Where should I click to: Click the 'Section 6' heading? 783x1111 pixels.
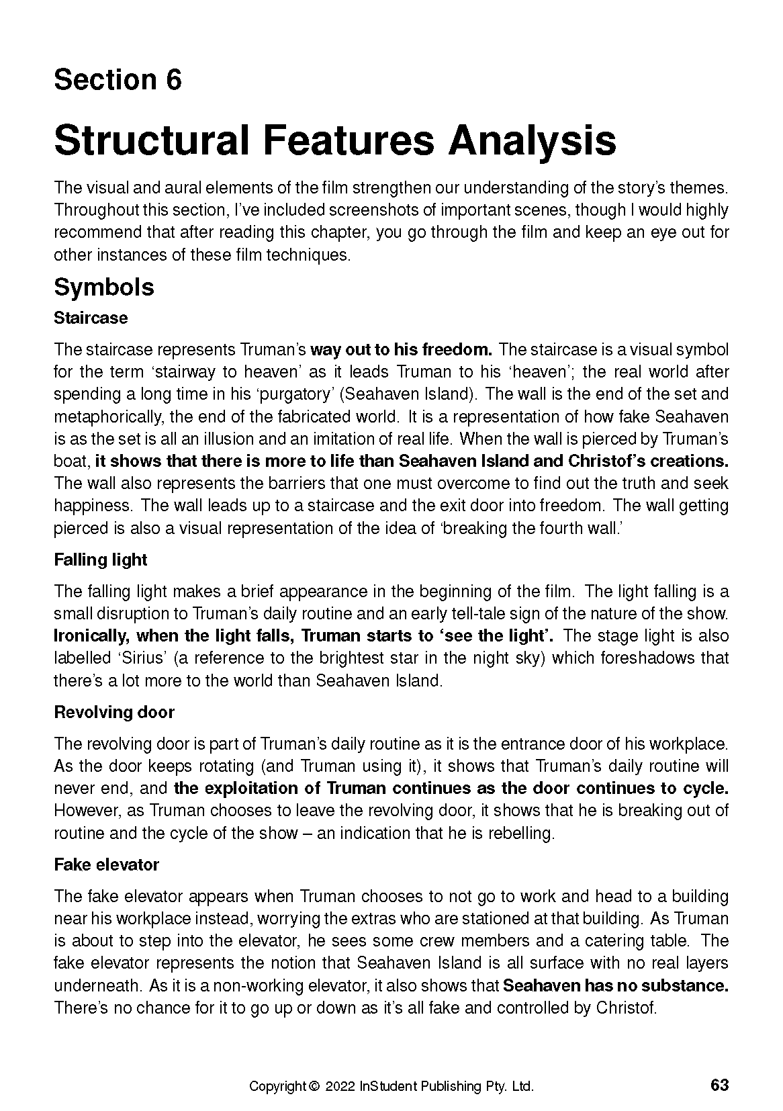coord(118,80)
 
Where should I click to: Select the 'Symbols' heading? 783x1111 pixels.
coord(103,287)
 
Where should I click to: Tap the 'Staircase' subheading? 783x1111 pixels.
coord(91,318)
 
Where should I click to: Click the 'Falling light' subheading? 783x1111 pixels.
coord(100,560)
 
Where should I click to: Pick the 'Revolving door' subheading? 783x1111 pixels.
coord(114,712)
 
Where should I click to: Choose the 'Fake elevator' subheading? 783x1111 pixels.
coord(106,864)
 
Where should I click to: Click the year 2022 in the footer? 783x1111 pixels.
coord(340,1086)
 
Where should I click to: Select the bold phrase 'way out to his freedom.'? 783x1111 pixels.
coord(402,350)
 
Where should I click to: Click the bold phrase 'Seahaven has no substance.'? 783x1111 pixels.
coord(616,986)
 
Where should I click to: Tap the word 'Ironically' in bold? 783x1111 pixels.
coord(90,636)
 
